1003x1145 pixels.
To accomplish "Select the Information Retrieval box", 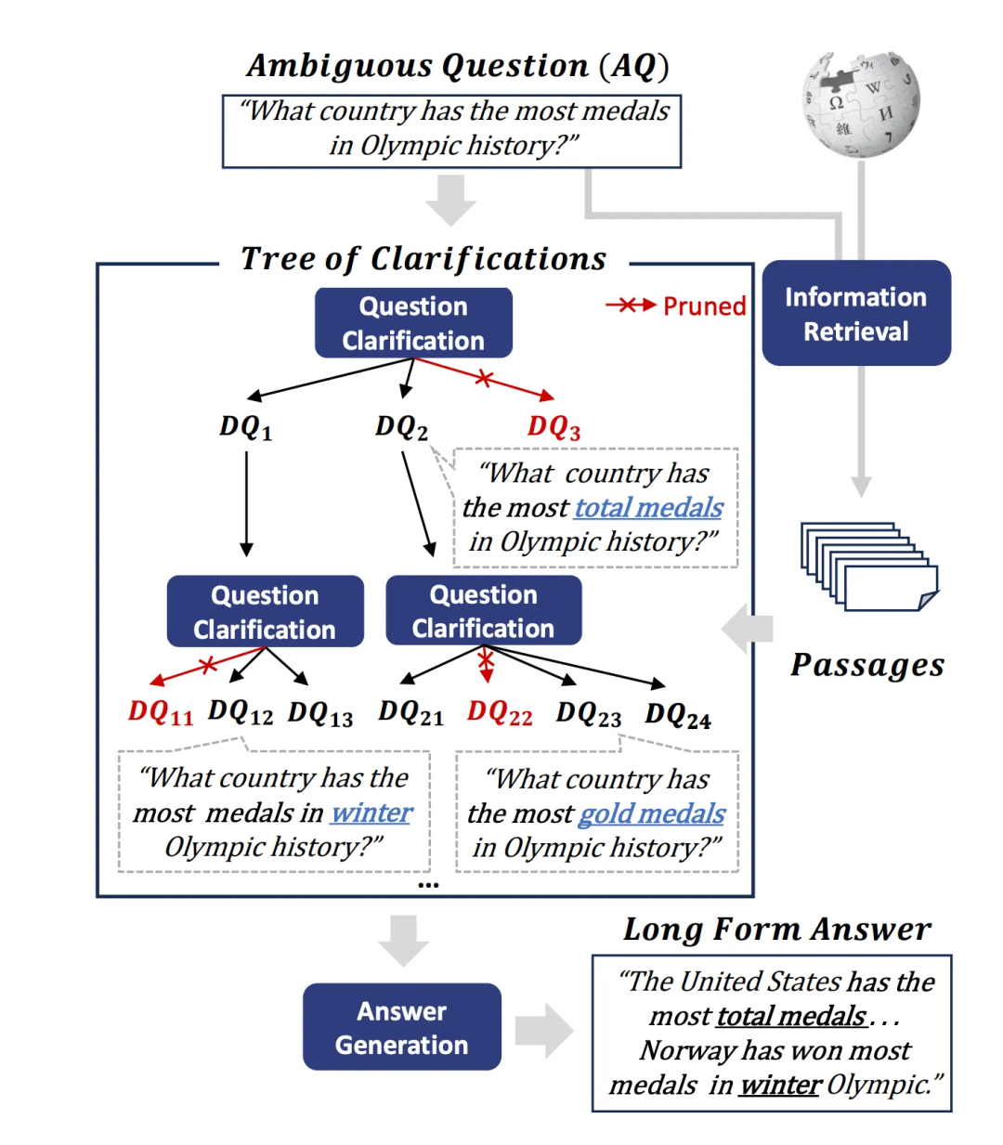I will click(x=856, y=314).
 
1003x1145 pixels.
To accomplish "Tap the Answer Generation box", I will click(x=402, y=1027).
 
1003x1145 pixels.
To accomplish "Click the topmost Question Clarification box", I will click(x=413, y=323).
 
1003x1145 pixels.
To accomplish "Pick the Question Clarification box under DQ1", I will click(x=265, y=611).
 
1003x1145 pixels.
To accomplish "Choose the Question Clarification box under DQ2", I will click(x=484, y=611).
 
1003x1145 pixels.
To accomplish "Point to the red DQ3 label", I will click(x=554, y=427).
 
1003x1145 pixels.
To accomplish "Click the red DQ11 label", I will click(x=161, y=713).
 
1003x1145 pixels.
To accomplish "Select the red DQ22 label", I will click(x=500, y=713).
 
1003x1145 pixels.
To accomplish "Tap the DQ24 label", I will click(x=678, y=715).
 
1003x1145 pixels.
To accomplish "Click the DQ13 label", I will click(x=320, y=713).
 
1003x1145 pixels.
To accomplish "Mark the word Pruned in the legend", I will click(x=704, y=306).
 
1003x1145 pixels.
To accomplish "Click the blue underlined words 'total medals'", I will click(x=648, y=507).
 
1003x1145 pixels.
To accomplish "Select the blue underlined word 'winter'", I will click(x=371, y=813).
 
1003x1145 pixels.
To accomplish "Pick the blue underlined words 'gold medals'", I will click(x=651, y=813).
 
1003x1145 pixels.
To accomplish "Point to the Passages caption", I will click(x=867, y=665).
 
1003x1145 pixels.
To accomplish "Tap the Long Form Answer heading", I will click(x=776, y=929).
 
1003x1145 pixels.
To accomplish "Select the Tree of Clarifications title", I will click(x=423, y=259).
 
